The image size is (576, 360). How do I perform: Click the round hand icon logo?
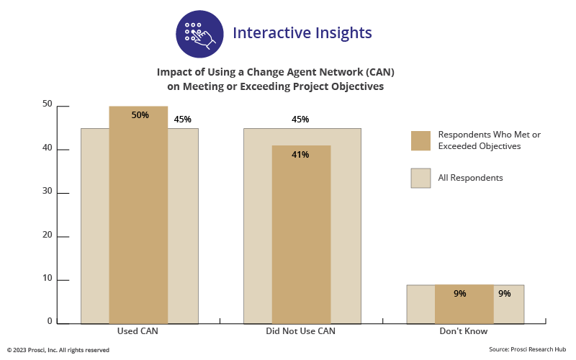(x=199, y=34)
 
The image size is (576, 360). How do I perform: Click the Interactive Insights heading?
(x=302, y=33)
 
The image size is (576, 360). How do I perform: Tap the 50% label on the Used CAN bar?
(x=140, y=115)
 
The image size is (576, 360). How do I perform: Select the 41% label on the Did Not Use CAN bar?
(x=300, y=154)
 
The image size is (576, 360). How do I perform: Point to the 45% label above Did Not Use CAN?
(x=300, y=120)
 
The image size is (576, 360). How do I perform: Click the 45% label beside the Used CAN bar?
(x=182, y=120)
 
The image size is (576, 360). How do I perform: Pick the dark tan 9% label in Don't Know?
(x=460, y=293)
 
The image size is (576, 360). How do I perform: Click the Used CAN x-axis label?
(x=138, y=332)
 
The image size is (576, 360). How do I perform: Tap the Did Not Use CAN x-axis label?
(x=301, y=332)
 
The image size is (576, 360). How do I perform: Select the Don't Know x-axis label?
(x=464, y=332)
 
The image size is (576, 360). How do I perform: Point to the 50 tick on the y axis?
(x=48, y=104)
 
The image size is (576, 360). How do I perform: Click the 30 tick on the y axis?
(x=48, y=192)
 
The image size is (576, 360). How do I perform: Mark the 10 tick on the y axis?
(x=48, y=279)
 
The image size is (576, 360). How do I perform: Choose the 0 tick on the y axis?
(x=50, y=321)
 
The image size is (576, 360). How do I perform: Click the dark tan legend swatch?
(x=420, y=141)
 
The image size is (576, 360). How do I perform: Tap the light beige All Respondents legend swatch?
(x=420, y=178)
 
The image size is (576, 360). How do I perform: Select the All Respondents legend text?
(x=470, y=178)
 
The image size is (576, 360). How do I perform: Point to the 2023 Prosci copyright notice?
(x=59, y=350)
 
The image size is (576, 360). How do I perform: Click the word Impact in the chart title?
(x=173, y=73)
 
